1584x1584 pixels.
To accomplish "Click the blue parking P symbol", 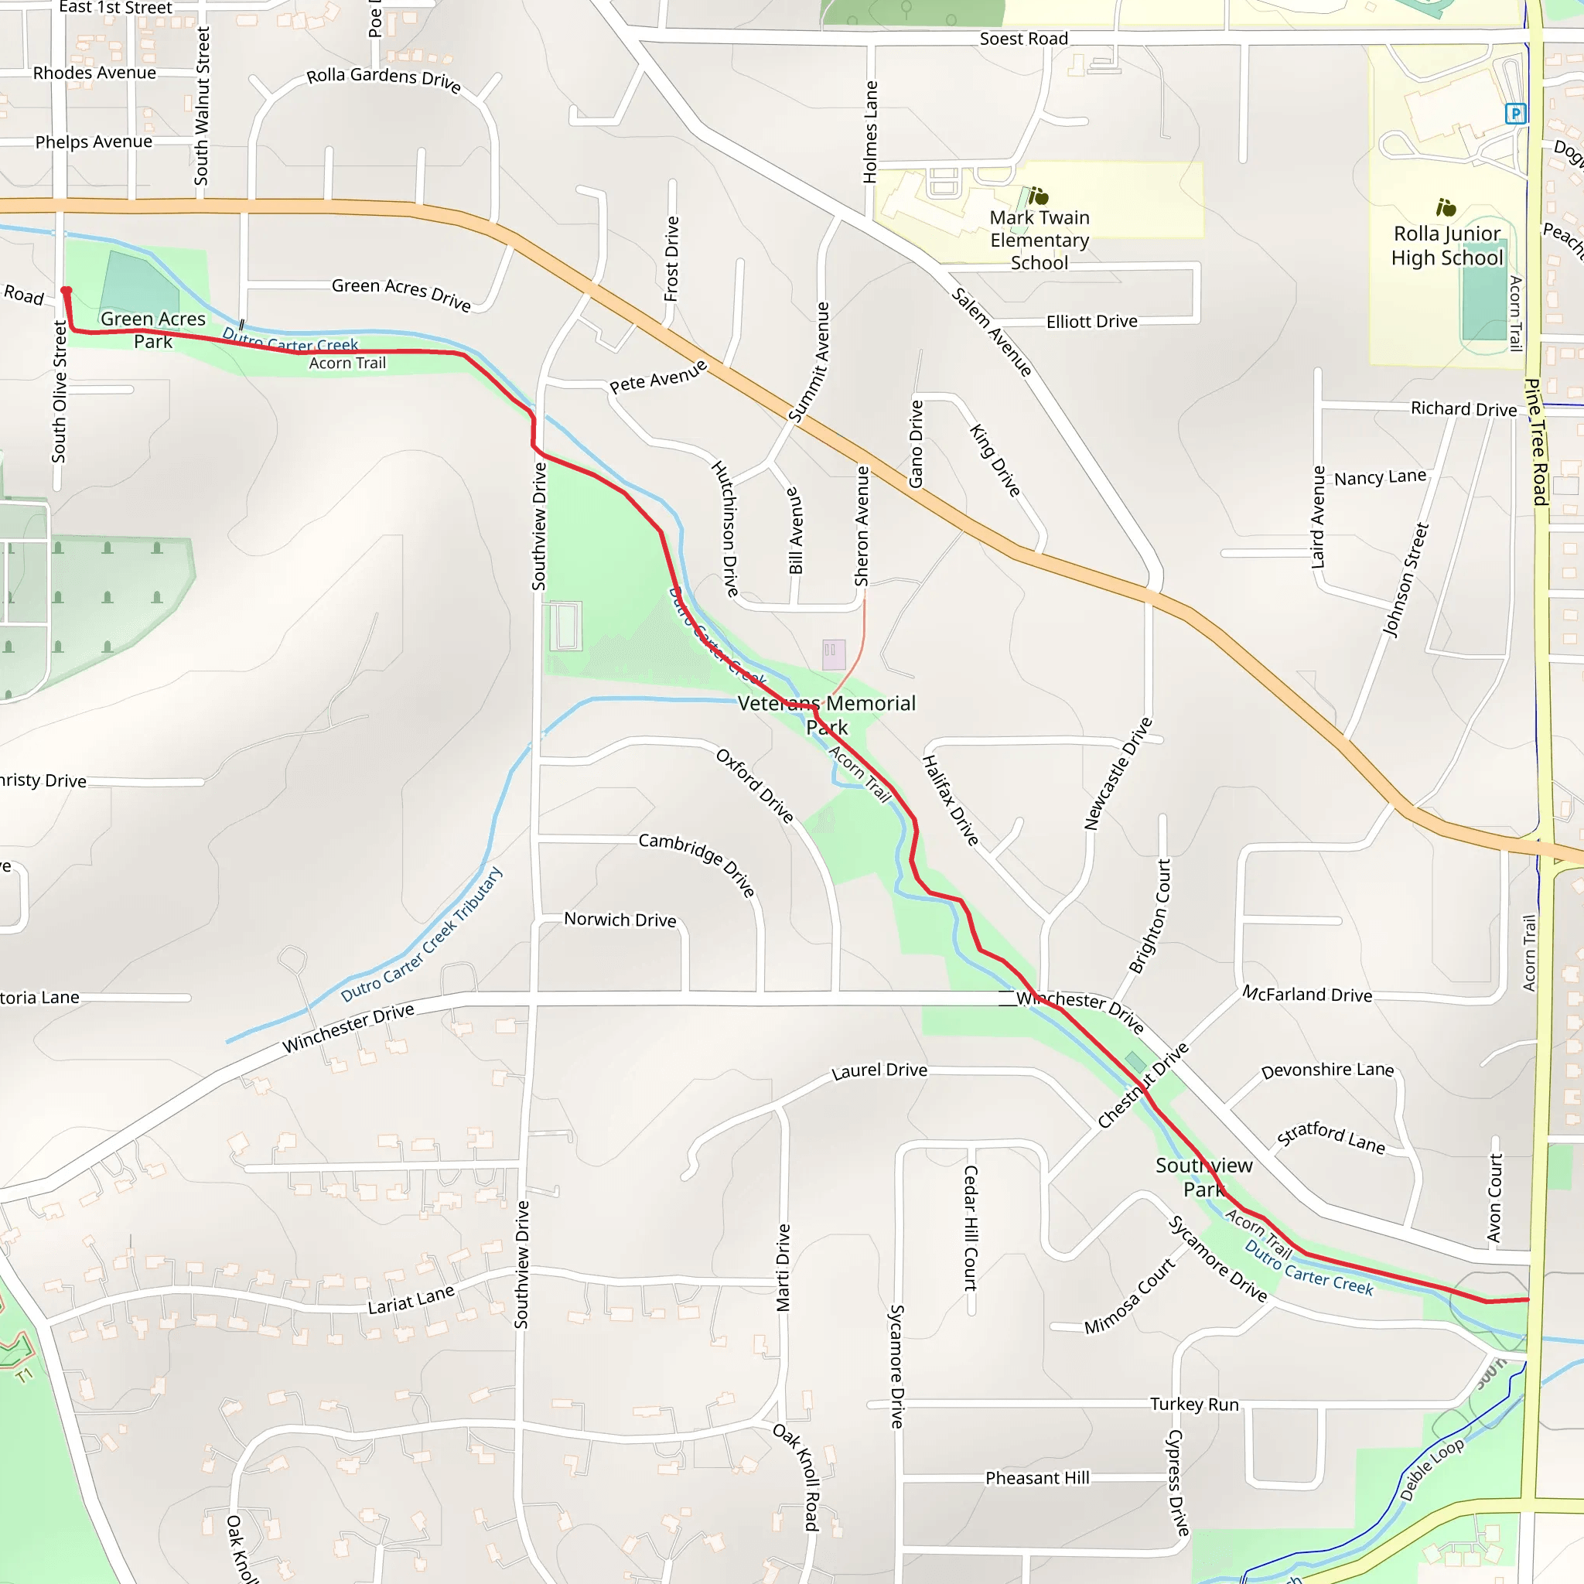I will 1515,114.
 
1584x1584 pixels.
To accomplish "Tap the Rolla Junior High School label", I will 1447,246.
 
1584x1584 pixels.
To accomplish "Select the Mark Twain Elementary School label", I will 1039,241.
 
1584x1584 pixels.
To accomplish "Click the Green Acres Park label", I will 153,329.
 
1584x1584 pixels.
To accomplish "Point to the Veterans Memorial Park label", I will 827,715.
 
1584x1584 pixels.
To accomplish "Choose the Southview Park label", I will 1203,1177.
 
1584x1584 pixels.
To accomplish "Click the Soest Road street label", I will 1023,39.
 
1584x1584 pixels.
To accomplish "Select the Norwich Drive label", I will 620,920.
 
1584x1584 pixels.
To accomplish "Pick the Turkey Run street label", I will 1193,1405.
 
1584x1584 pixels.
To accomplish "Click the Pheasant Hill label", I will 1037,1478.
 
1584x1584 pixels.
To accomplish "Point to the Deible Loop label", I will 1431,1470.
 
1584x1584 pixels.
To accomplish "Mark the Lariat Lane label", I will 411,1300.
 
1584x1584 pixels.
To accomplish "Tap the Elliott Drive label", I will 1091,322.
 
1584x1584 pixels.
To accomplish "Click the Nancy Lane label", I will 1380,477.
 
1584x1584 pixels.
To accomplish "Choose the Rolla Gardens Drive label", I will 384,79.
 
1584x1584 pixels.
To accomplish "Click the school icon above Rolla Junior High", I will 1446,207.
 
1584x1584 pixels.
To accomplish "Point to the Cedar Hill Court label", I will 970,1227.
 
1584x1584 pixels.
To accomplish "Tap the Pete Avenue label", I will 657,377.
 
